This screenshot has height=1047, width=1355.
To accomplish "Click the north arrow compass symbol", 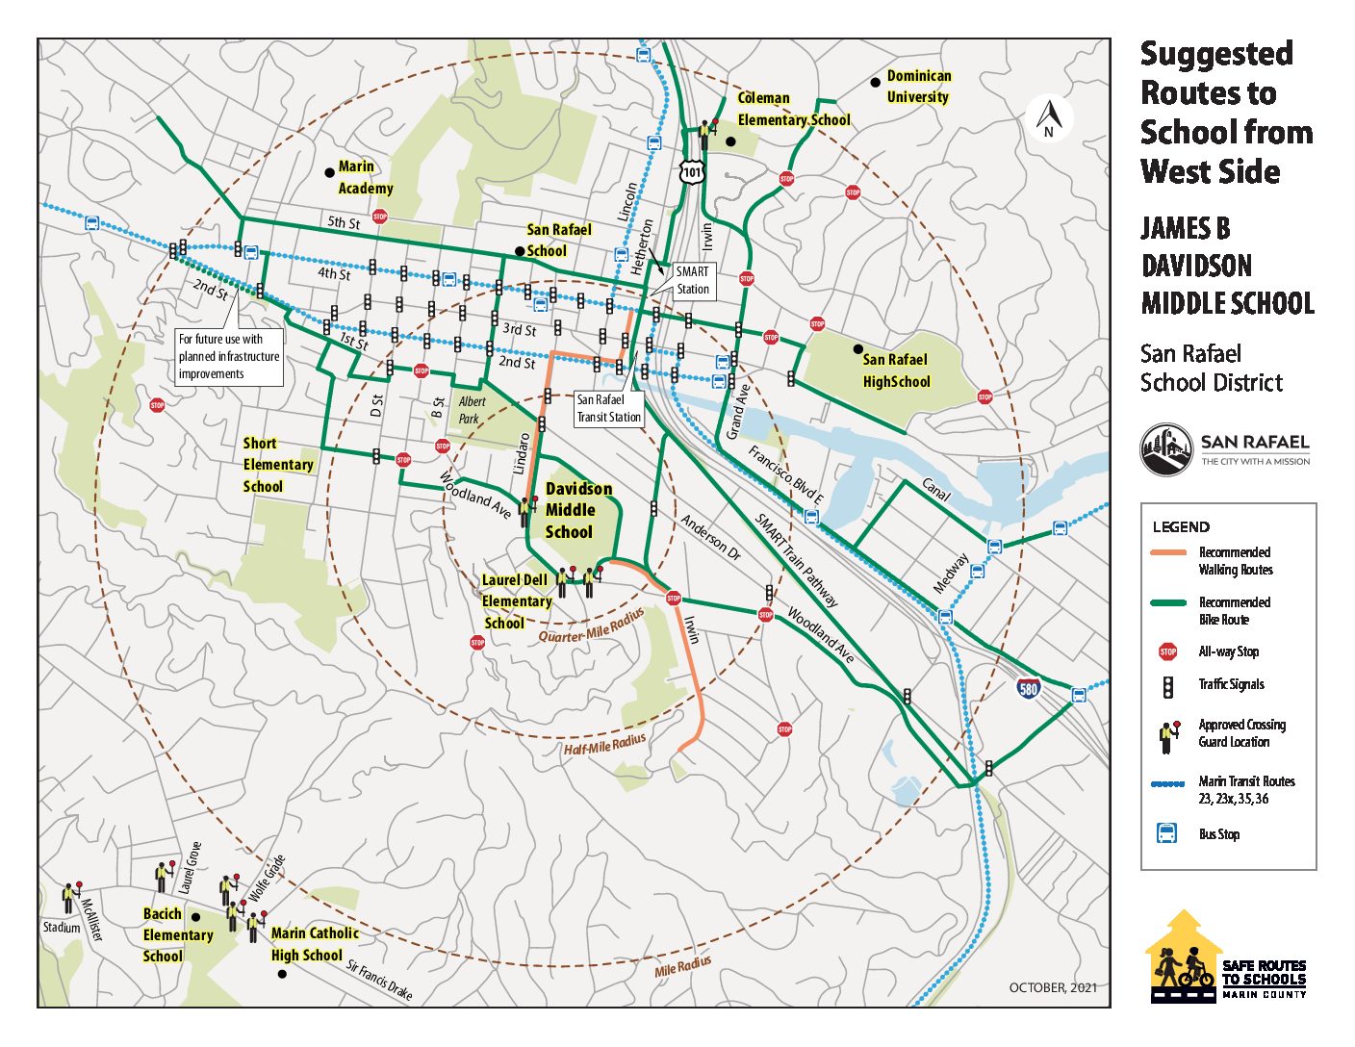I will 1049,119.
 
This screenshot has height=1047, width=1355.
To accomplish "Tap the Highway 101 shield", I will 691,172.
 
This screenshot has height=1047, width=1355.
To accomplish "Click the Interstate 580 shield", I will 1028,688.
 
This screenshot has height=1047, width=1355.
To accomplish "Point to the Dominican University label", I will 918,87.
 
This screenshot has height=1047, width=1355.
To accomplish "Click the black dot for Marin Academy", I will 330,171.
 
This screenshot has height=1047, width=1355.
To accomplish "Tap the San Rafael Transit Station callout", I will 608,408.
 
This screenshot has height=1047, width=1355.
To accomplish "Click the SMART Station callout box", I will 692,280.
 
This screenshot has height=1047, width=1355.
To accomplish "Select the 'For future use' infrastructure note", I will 229,357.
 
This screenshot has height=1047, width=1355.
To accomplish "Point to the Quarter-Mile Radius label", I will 591,626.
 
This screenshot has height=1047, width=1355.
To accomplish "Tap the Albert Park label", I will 471,409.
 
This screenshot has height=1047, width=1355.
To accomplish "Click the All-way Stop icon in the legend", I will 1167,651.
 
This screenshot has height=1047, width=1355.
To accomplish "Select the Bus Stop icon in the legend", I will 1166,833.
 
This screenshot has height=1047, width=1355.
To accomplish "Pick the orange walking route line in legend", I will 1168,552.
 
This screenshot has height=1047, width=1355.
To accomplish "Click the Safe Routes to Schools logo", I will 1226,958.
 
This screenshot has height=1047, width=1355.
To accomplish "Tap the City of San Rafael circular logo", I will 1166,449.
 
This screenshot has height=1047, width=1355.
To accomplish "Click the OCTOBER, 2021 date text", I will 1052,987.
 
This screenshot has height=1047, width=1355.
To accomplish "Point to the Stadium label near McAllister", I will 62,928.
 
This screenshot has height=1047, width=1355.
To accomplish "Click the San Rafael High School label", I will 895,370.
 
